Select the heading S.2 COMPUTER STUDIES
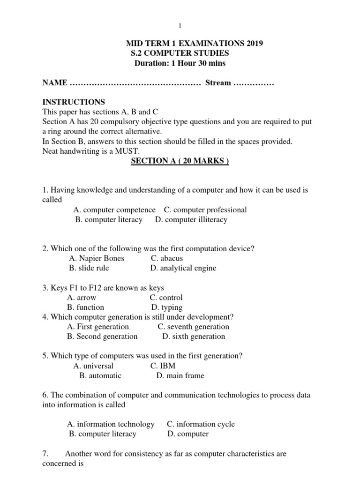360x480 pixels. (x=180, y=53)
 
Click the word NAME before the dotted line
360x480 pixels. (x=54, y=83)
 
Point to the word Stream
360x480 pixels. (x=218, y=83)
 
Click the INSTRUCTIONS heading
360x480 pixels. (x=74, y=102)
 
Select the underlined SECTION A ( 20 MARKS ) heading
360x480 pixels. (x=180, y=161)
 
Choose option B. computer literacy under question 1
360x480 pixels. (x=109, y=219)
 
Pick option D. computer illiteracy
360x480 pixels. (x=191, y=219)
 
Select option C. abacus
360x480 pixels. (x=167, y=258)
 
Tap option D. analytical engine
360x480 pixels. (x=183, y=268)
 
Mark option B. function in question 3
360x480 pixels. (x=85, y=307)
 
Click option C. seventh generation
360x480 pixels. (x=193, y=327)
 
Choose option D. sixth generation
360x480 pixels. (x=194, y=337)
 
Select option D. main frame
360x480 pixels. (x=180, y=375)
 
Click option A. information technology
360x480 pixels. (x=111, y=424)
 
